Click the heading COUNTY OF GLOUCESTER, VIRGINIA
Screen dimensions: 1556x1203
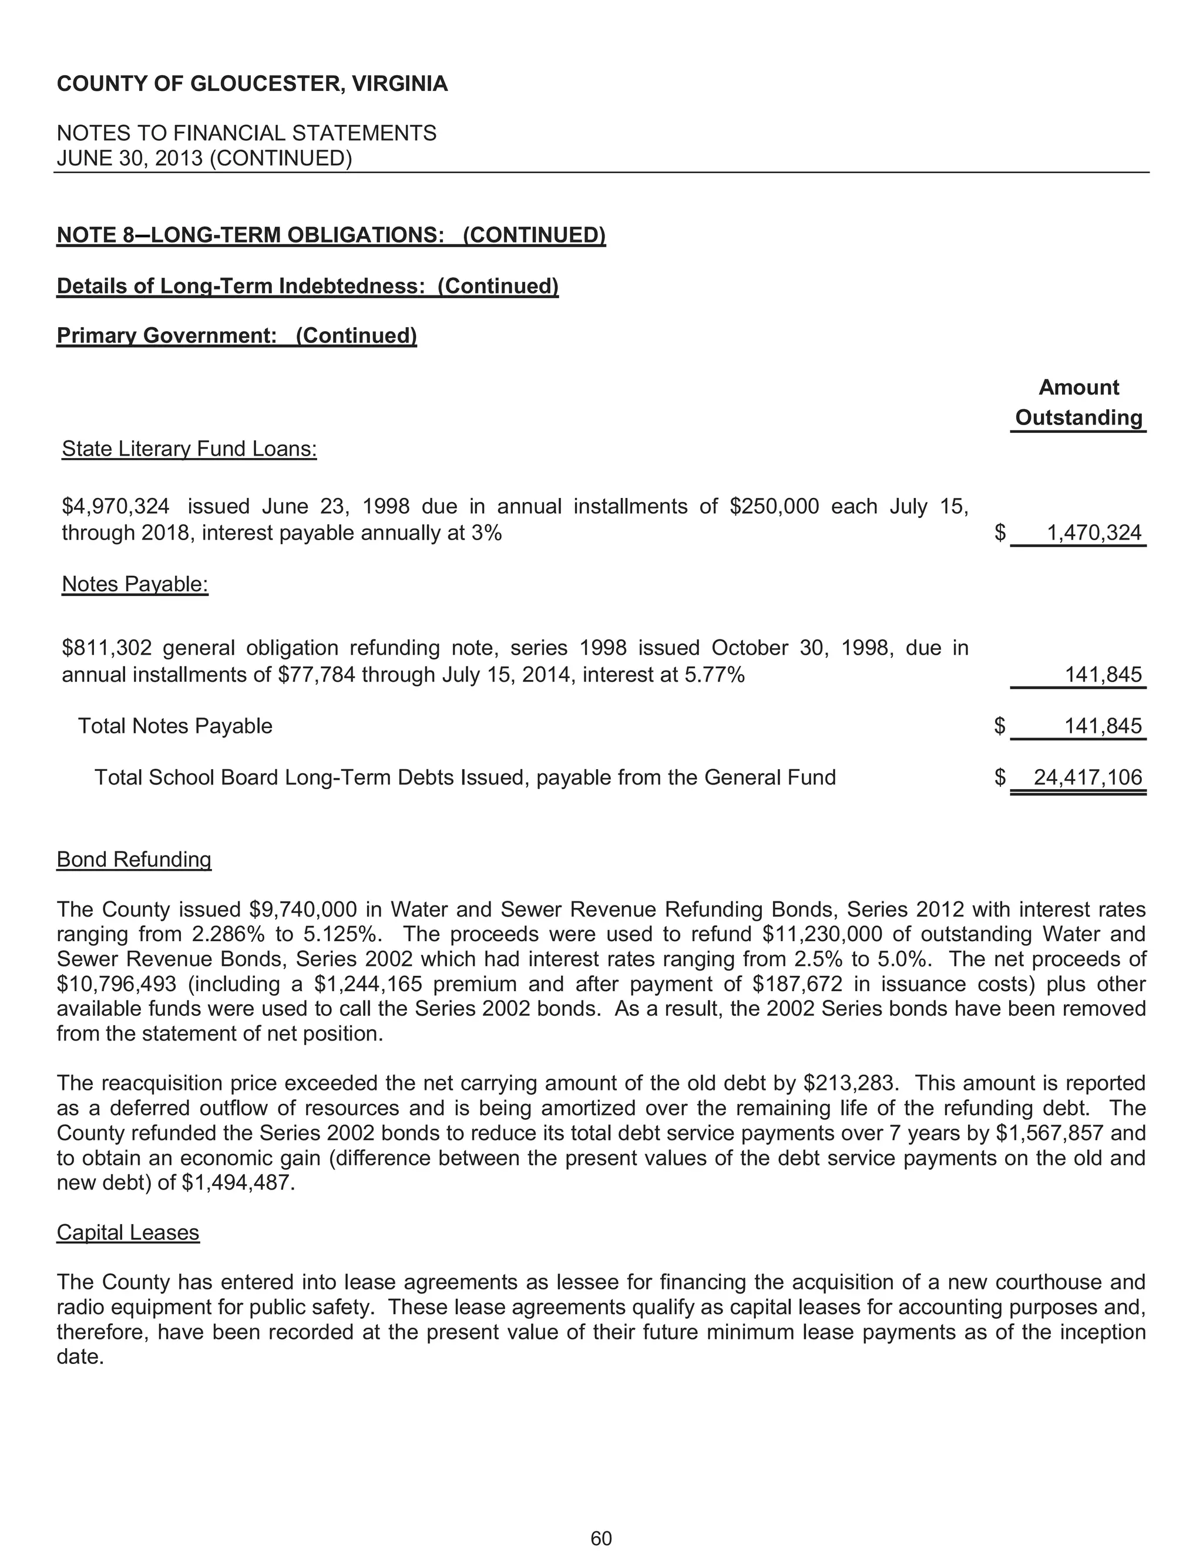pos(252,84)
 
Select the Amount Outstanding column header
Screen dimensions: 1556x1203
pos(1078,403)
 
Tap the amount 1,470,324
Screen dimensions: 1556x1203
pos(1094,533)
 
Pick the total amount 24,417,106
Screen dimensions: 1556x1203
pos(1087,777)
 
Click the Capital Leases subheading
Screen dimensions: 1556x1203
pos(127,1232)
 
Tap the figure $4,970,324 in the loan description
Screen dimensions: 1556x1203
pos(116,507)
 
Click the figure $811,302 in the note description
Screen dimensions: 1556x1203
pos(107,648)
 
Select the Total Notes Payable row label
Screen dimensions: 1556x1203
pos(174,726)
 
